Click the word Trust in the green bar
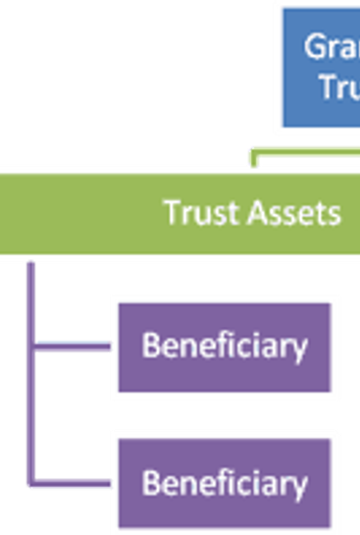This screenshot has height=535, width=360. click(x=194, y=213)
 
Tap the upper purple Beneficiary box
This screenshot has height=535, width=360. click(x=225, y=347)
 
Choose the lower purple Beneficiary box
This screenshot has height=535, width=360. click(x=225, y=483)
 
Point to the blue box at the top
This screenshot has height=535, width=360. click(x=324, y=67)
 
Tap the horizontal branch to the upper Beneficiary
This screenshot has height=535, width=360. click(x=73, y=347)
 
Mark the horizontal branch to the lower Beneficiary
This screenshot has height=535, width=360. click(x=73, y=482)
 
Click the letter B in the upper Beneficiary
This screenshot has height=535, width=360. click(x=151, y=347)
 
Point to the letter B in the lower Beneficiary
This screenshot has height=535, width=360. click(x=151, y=483)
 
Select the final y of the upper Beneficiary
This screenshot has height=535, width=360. click(x=299, y=350)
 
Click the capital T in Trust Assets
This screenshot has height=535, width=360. click(x=171, y=213)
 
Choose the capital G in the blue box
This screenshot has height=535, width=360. click(x=315, y=46)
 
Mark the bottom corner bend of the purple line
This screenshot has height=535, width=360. click(x=32, y=482)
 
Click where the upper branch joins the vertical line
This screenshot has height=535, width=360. click(x=32, y=347)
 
